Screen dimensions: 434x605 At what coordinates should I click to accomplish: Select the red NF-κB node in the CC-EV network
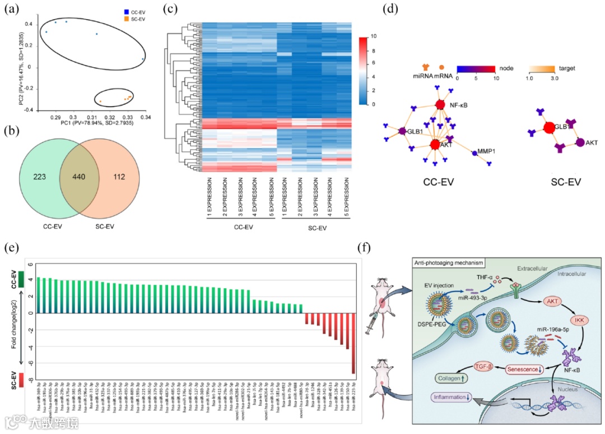(440, 104)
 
